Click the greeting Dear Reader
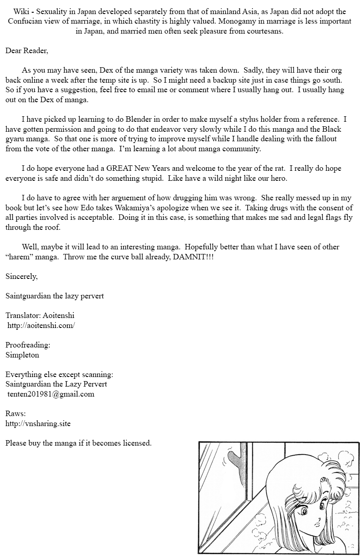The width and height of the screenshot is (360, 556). coord(27,50)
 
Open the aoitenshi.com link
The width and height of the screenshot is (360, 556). coord(41,325)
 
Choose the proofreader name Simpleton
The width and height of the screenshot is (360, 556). coord(22,355)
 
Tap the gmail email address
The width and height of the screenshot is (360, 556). coord(51,394)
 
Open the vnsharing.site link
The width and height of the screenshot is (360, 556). coord(38,423)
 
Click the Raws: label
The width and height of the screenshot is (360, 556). coord(15,414)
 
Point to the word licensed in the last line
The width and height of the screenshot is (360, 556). coord(136,443)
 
